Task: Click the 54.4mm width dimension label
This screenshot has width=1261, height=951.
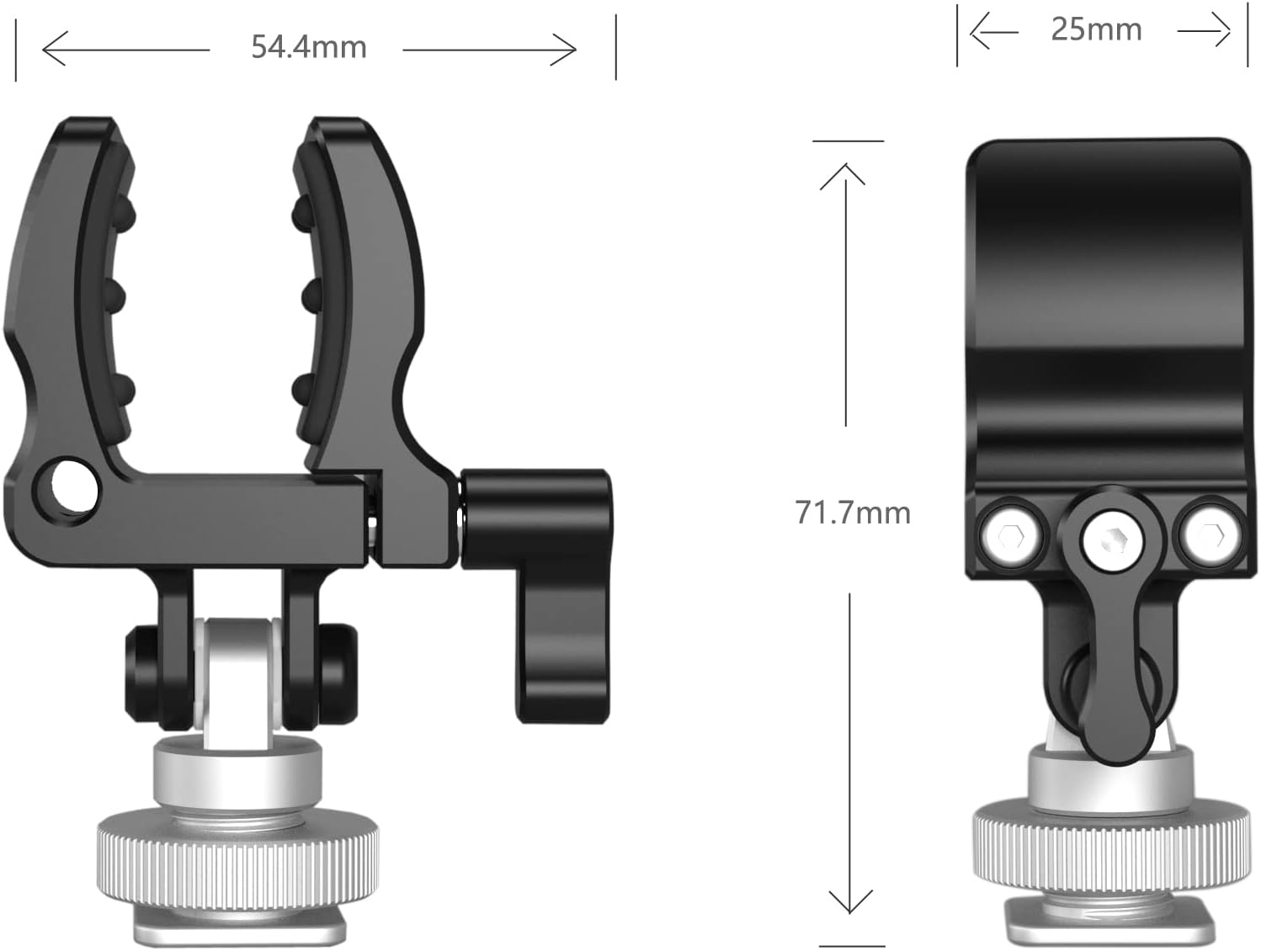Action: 309,47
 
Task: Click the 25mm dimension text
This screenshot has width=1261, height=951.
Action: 1096,29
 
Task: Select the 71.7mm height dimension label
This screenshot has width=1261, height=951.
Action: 853,513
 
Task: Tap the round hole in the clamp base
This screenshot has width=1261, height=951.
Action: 74,486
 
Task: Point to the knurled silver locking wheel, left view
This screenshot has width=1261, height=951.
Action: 237,858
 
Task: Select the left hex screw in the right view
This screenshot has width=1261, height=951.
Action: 1011,534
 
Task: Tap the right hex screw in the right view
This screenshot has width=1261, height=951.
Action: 1210,534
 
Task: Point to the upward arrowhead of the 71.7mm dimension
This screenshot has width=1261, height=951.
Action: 843,174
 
